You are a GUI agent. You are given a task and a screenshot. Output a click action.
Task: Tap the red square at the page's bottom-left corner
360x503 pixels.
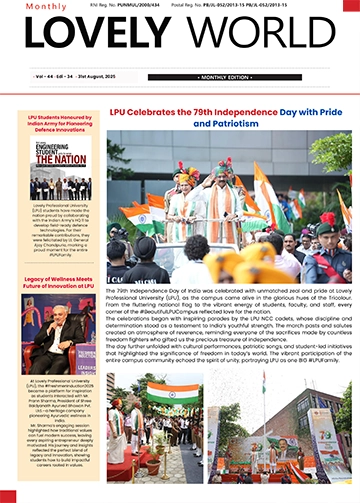(x=4, y=498)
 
